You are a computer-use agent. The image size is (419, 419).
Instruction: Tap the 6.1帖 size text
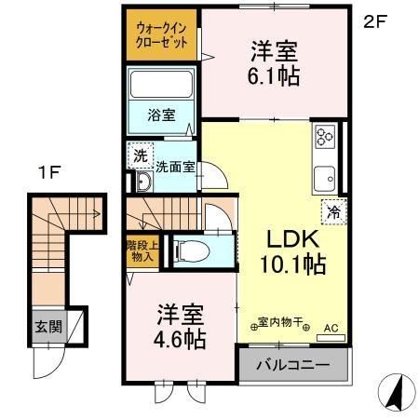(275, 77)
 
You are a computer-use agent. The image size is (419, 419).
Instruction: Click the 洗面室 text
(174, 169)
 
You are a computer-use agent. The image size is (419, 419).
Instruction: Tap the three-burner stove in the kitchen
(326, 136)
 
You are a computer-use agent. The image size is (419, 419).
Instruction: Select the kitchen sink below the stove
(326, 176)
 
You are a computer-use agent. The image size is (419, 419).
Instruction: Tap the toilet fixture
(192, 250)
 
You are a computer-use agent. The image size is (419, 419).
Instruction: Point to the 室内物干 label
(285, 323)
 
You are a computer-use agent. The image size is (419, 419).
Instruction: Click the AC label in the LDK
(332, 328)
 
